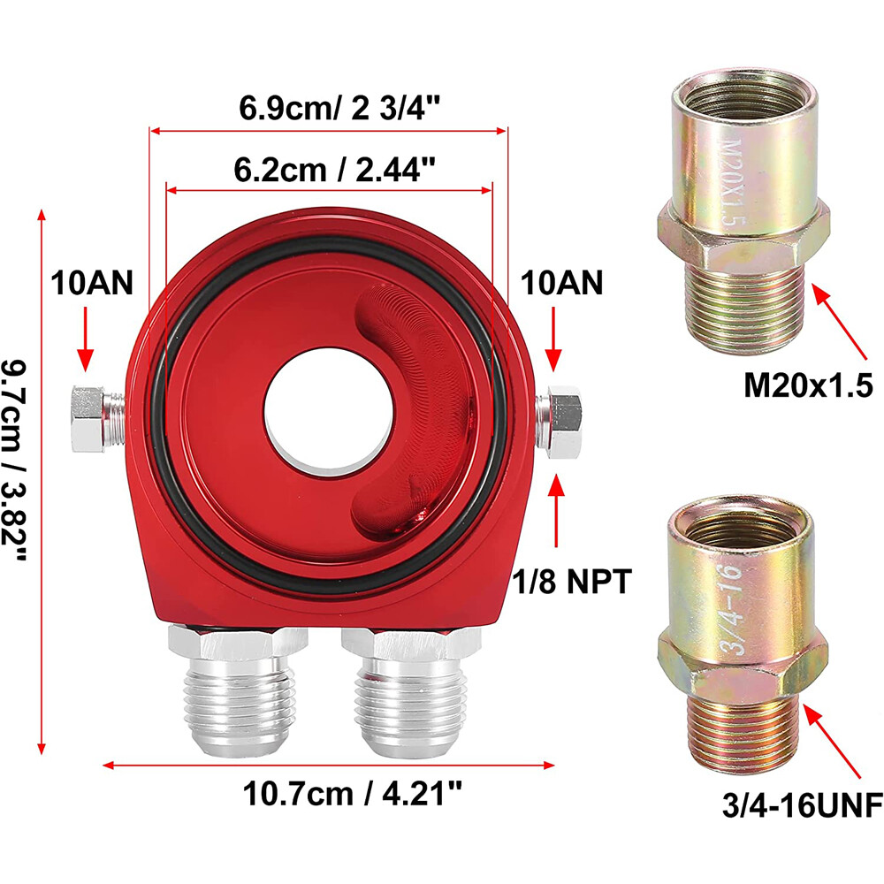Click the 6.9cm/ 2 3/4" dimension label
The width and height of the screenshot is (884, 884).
tap(339, 107)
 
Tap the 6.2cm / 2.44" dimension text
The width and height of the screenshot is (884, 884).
tap(335, 169)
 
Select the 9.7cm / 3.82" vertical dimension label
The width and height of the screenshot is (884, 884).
tap(14, 461)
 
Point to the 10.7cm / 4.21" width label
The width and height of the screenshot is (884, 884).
tap(353, 793)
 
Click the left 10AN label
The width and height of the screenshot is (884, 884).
tap(92, 283)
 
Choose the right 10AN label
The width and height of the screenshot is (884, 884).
tap(561, 283)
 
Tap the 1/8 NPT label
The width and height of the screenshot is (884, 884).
tap(572, 581)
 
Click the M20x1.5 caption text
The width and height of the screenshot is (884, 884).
tap(808, 385)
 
